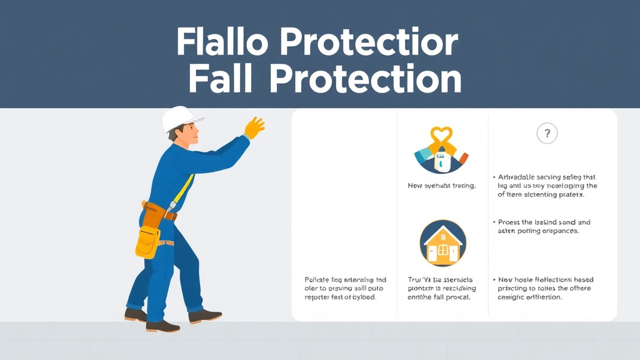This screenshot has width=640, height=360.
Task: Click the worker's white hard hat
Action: coord(181,119)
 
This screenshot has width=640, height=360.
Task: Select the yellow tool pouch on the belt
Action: coord(147,240)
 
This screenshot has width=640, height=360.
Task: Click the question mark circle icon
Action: coord(547,133)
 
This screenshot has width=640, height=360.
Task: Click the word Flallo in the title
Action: coord(221,43)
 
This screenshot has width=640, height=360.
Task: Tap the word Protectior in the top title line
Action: coord(368,43)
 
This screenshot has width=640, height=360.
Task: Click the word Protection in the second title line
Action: coord(366,80)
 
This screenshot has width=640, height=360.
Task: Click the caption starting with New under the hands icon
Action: coord(442,186)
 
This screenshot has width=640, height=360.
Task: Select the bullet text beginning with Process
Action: coord(544,226)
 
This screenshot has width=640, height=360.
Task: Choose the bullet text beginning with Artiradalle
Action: coord(547,186)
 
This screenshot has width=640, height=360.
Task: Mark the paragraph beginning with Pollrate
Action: coord(340,288)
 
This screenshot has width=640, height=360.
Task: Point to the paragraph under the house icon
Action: coord(442,288)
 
